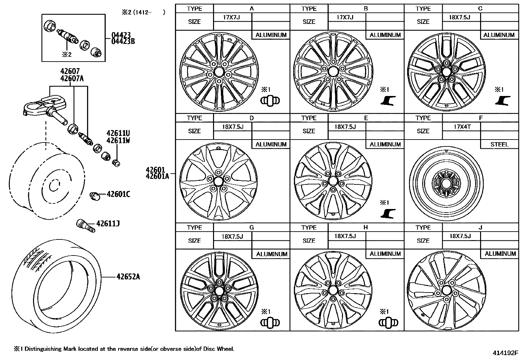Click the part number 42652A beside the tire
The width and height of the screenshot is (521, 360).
pyautogui.click(x=128, y=277)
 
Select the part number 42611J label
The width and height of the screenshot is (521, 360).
pyautogui.click(x=108, y=224)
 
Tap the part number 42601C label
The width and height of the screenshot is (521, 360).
pyautogui.click(x=118, y=195)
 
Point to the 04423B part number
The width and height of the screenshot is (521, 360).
pyautogui.click(x=121, y=41)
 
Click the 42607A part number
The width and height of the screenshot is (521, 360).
pyautogui.click(x=72, y=79)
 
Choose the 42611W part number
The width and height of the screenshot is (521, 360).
pyautogui.click(x=118, y=141)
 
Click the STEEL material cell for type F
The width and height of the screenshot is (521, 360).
pyautogui.click(x=499, y=144)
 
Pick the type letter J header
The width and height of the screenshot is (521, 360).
pyautogui.click(x=480, y=227)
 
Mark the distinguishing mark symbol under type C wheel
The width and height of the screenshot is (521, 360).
pyautogui.click(x=502, y=101)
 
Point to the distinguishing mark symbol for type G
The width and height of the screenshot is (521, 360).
pyautogui.click(x=270, y=323)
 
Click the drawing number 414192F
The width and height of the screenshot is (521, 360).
pyautogui.click(x=506, y=353)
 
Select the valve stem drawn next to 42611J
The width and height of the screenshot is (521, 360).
pyautogui.click(x=85, y=225)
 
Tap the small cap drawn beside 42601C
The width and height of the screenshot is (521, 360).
pyautogui.click(x=95, y=196)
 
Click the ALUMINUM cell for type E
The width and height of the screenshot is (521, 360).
pyautogui.click(x=385, y=144)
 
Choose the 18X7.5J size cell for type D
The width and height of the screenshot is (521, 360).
pyautogui.click(x=232, y=126)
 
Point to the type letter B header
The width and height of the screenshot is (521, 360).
pyautogui.click(x=366, y=9)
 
